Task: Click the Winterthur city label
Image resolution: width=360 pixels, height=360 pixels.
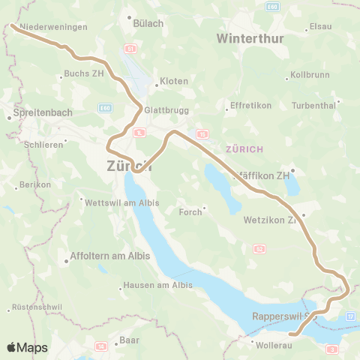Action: (x=250, y=38)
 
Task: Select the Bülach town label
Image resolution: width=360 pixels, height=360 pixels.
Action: (x=148, y=23)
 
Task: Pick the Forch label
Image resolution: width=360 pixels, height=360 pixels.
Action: (x=190, y=212)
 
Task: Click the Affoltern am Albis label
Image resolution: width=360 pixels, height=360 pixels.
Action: (x=109, y=256)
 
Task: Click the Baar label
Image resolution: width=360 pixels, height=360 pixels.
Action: (x=129, y=340)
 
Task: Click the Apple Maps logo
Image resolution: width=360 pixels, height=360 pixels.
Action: (x=27, y=347)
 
